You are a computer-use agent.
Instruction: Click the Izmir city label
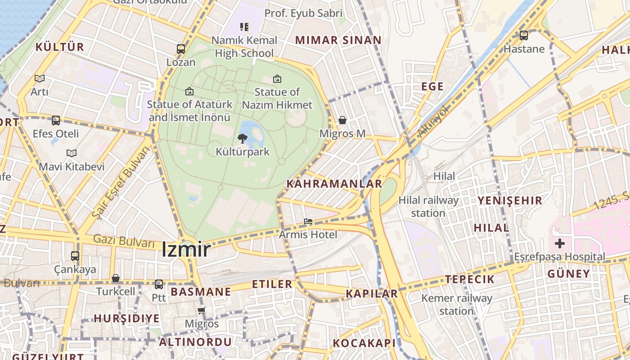click(186, 249)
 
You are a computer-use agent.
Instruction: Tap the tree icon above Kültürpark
click(242, 138)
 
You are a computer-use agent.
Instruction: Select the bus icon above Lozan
click(181, 49)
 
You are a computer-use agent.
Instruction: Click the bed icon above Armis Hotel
click(308, 221)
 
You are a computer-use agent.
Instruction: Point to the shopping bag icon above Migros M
click(342, 120)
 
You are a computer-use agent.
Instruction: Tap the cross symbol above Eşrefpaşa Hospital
click(560, 244)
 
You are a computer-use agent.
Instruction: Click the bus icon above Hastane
click(524, 35)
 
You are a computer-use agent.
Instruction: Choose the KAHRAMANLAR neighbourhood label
click(334, 184)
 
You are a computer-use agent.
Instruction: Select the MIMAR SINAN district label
click(338, 40)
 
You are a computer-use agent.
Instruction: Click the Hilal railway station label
click(428, 207)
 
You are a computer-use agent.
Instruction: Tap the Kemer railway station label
click(457, 305)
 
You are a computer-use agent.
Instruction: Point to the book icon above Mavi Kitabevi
click(72, 153)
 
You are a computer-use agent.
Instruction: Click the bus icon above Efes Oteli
click(56, 121)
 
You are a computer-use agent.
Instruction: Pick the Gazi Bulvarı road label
click(124, 241)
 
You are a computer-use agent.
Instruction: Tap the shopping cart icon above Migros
click(202, 310)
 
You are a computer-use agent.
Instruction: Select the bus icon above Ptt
click(159, 284)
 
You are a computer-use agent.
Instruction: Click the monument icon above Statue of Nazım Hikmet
click(277, 79)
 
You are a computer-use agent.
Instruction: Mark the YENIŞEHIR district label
click(510, 201)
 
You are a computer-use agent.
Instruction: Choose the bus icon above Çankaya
click(75, 256)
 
